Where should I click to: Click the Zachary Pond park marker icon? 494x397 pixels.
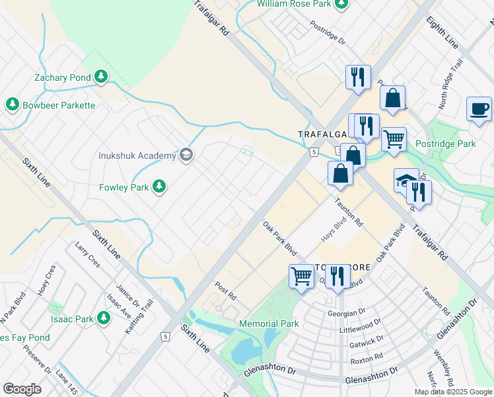coord(101,77)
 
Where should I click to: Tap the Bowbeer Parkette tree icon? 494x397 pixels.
coord(12,105)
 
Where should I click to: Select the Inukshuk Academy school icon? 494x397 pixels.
coord(186,155)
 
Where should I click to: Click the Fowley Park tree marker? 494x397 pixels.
coord(159,188)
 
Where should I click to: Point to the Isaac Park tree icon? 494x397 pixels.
coord(103,318)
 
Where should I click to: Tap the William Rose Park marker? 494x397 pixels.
coord(341,4)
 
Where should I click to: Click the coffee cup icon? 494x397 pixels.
coord(479,109)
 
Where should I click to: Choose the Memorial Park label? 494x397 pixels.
coord(269,324)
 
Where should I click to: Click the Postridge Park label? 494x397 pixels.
coord(446,144)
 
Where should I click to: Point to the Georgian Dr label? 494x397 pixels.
coord(347,312)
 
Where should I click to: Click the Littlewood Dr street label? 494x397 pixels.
coord(361,326)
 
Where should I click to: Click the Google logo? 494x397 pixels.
coord(22,389)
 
